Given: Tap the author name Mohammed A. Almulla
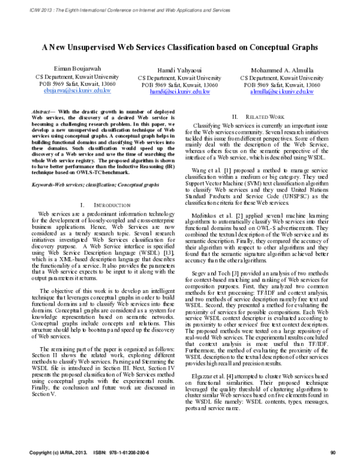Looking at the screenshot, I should [x=281, y=69].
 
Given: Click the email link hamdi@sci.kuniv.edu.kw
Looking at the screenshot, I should [x=179, y=92].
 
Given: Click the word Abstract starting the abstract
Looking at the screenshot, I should [x=41, y=112].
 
